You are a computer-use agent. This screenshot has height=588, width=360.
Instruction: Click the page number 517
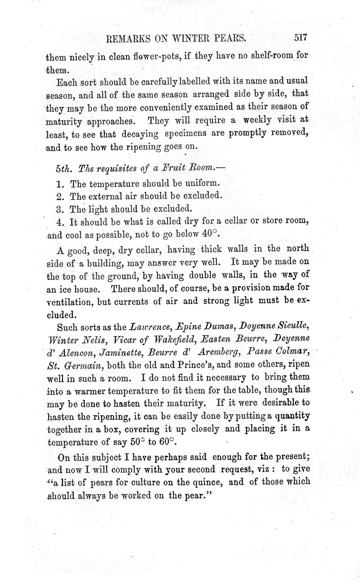300,37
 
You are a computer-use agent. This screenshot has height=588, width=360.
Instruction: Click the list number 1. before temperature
60,184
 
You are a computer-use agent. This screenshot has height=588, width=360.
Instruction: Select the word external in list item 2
105,196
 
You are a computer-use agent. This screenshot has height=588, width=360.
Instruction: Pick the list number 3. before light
60,209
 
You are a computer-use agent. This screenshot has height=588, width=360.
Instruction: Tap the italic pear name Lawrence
150,327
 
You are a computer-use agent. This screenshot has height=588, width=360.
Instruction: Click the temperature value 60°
167,441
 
